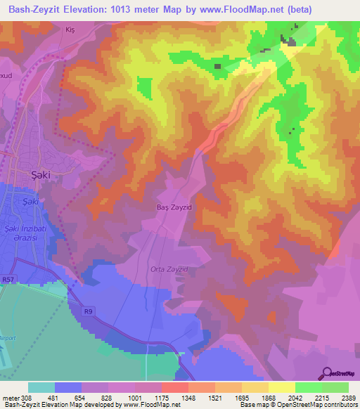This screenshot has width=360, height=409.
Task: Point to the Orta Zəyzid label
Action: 169,269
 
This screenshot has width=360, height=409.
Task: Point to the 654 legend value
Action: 82,398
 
